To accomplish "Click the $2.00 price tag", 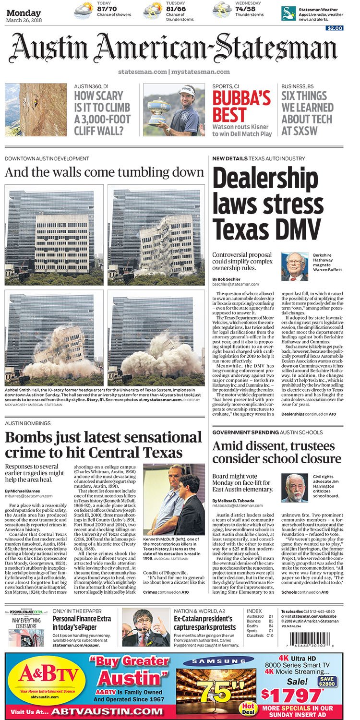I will pyautogui.click(x=335, y=28).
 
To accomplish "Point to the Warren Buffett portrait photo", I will pyautogui.click(x=295, y=267).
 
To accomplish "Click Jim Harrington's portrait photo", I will pyautogui.click(x=294, y=487).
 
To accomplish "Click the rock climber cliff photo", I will pyautogui.click(x=36, y=110).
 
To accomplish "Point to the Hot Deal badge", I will pyautogui.click(x=248, y=707).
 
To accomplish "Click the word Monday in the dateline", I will pyautogui.click(x=24, y=13).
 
